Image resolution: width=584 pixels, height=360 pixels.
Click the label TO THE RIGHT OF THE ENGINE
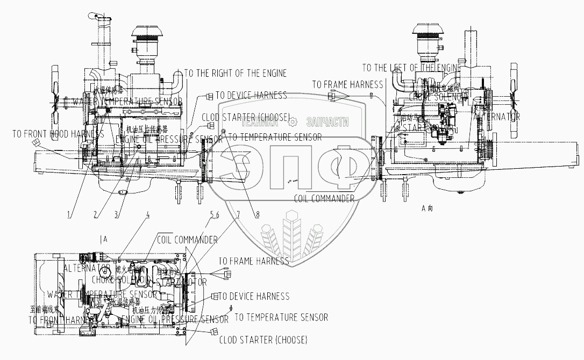pyautogui.click(x=236, y=73)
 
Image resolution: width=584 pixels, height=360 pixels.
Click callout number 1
pyautogui.click(x=69, y=215)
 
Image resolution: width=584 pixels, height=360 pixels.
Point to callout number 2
pyautogui.click(x=95, y=215)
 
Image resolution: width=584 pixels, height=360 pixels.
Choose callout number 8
pyautogui.click(x=257, y=214)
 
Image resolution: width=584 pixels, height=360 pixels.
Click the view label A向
pyautogui.click(x=427, y=208)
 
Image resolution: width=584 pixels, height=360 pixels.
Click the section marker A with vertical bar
pyautogui.click(x=104, y=238)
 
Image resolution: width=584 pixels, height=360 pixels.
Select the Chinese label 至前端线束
pyautogui.click(x=42, y=309)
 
